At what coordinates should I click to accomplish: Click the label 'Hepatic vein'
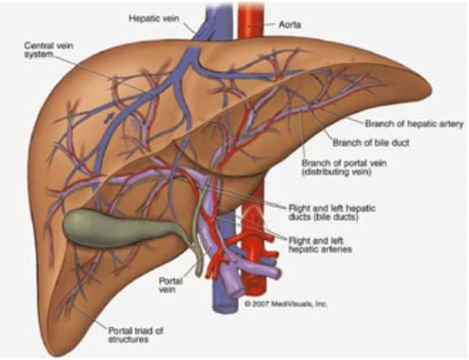coord(154,18)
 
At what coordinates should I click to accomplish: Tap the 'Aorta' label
coord(290,25)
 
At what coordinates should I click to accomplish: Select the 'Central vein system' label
coord(48,50)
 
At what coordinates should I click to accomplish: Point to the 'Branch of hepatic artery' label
coord(414,124)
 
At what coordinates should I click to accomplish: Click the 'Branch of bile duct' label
coord(371,143)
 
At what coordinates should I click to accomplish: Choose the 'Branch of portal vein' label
coord(344,163)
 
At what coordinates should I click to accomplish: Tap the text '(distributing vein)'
coord(336,172)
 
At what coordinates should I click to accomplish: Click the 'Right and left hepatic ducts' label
coord(332,213)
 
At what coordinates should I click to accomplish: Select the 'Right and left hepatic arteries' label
coord(320,245)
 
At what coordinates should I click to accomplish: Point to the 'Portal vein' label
coord(171,285)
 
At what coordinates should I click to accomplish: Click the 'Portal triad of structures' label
coord(135,335)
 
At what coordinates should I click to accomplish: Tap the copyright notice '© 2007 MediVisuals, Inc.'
coord(285,304)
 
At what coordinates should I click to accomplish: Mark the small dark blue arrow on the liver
coord(109,118)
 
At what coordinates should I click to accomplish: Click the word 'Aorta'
coord(290,25)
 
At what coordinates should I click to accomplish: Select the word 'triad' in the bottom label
coord(144,331)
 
